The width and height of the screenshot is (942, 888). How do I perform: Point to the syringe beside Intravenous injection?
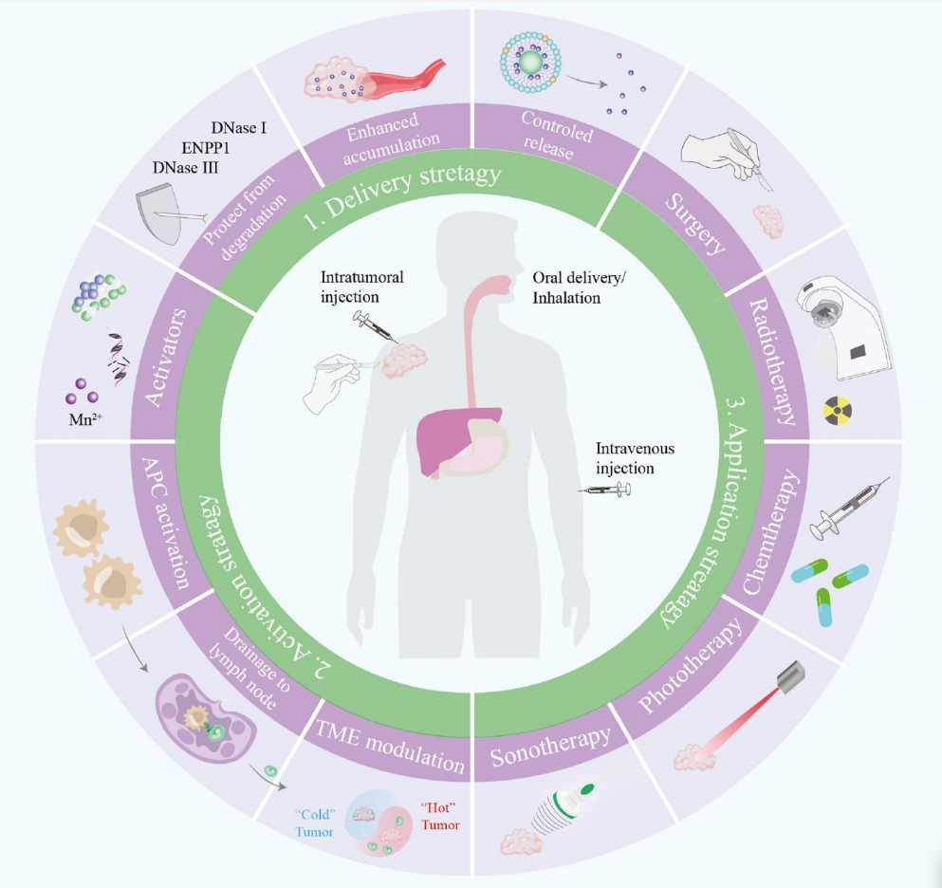[607, 490]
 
